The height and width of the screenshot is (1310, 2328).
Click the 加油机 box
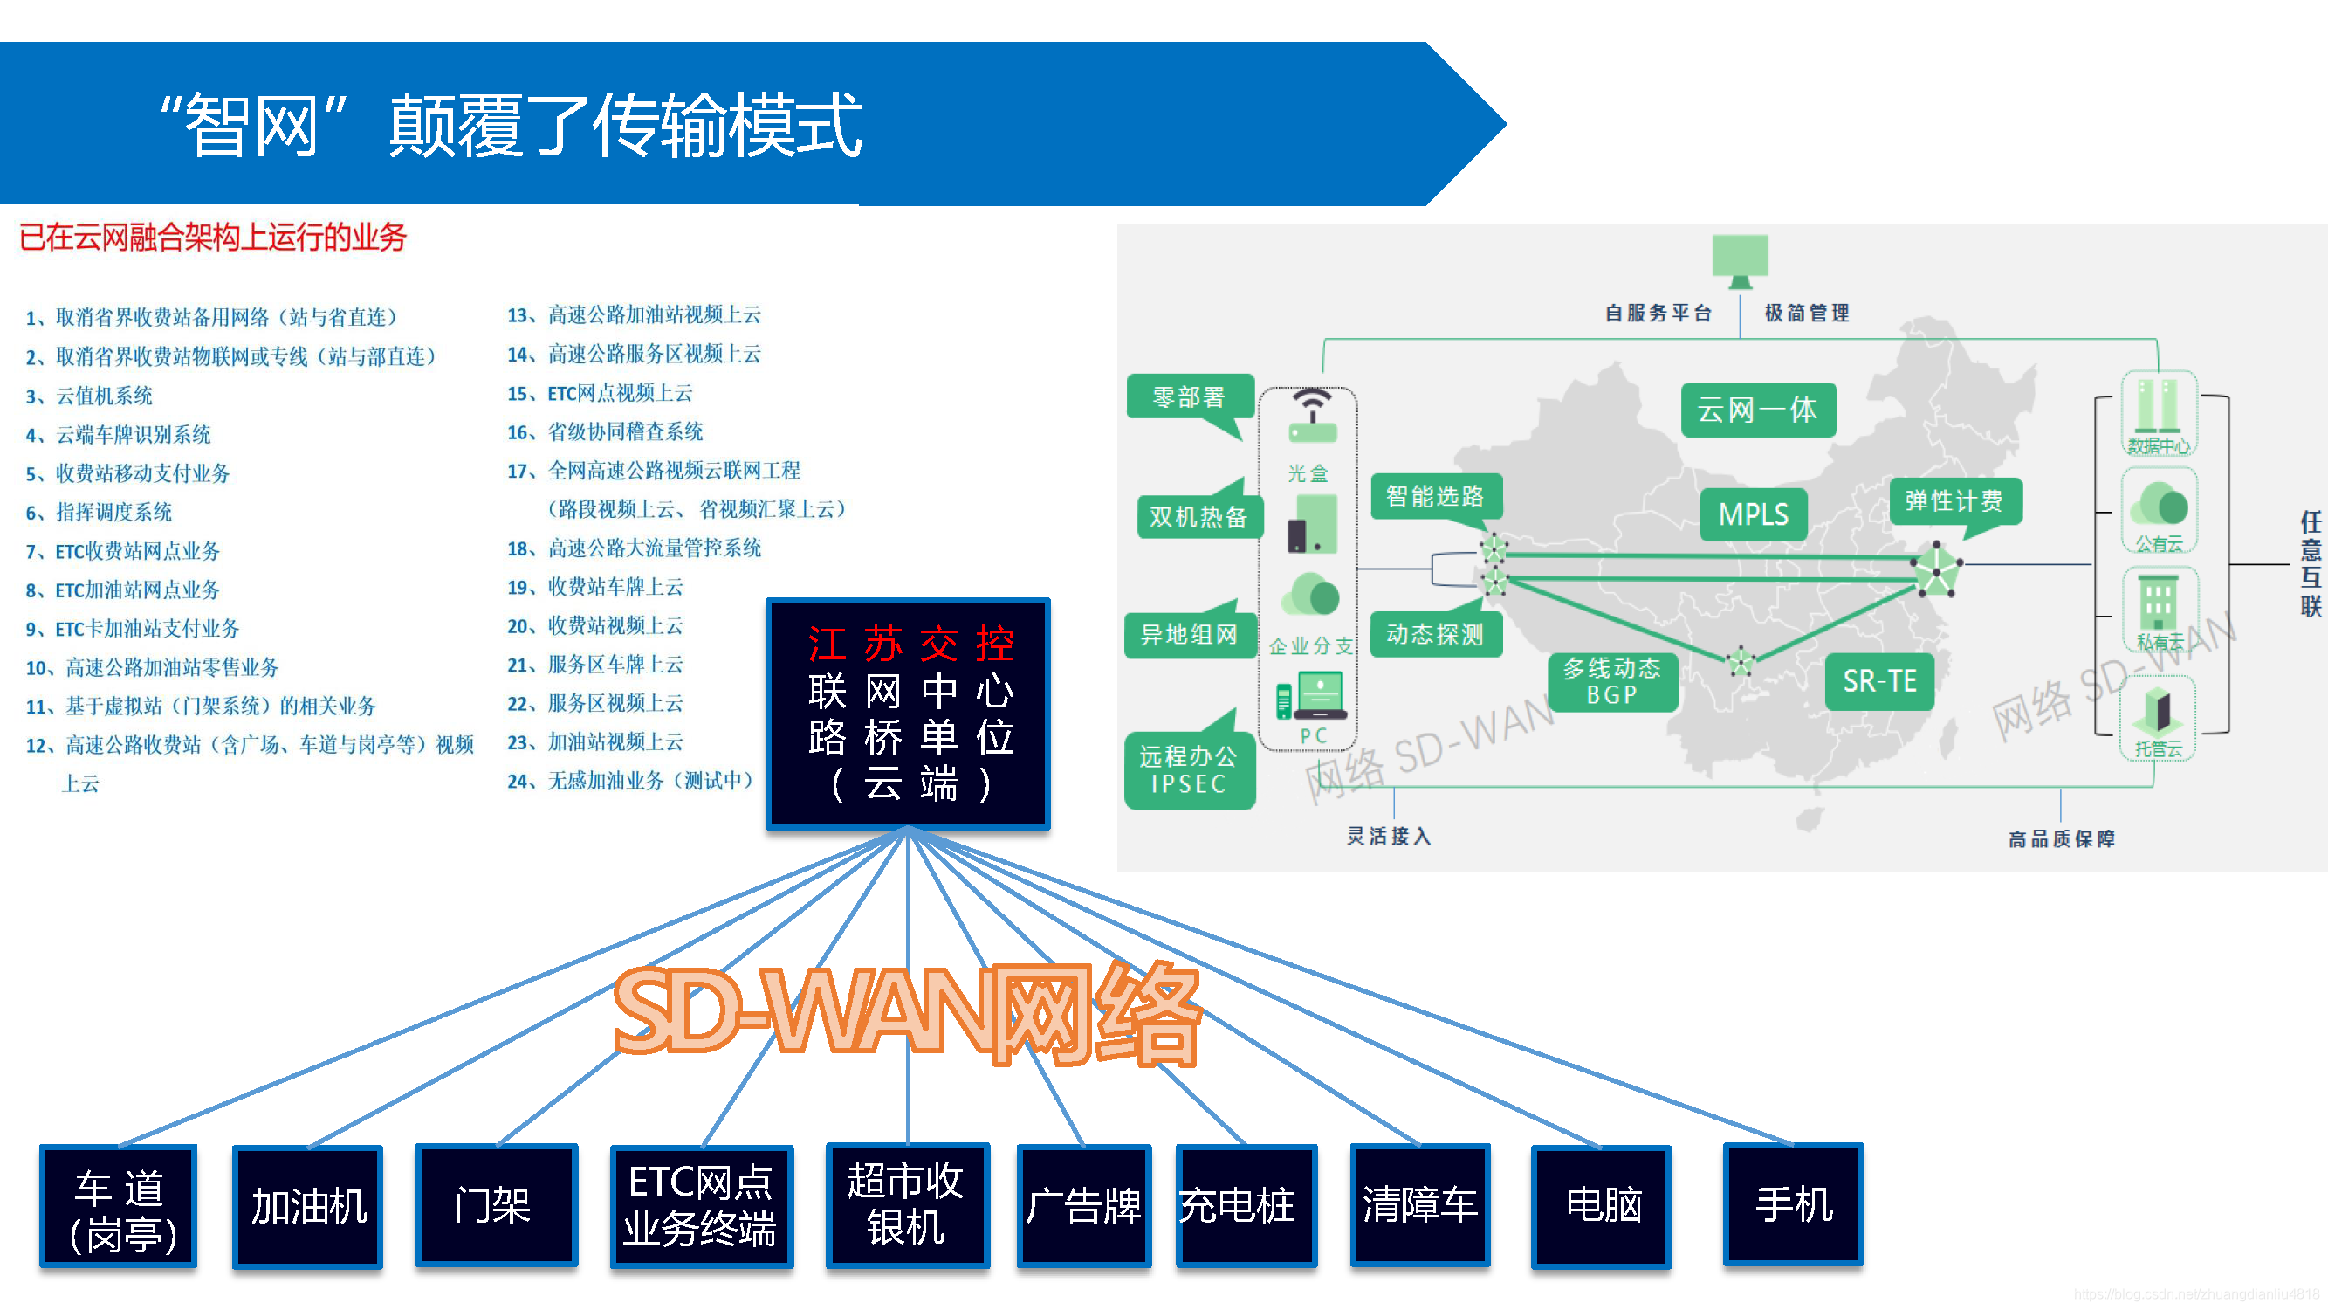308,1206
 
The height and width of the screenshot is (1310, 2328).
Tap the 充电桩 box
1246,1205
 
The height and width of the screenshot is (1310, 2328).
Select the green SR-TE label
1878,681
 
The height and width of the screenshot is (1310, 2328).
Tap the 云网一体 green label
1758,410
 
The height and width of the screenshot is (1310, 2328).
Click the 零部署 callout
1189,396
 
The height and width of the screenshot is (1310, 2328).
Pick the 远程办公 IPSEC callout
1189,769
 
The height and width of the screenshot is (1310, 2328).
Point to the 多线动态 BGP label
1612,682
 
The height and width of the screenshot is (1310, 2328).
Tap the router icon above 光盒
1311,417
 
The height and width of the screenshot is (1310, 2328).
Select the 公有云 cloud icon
2159,506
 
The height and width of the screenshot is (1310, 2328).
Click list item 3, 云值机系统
104,396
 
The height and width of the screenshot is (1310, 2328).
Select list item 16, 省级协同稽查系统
624,432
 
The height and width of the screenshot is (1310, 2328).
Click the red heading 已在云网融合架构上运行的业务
213,238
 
